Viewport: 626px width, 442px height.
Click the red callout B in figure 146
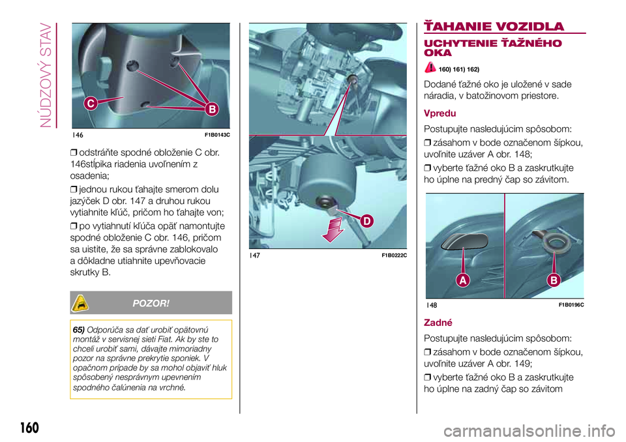(212, 109)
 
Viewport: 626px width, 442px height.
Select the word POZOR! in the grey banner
(151, 303)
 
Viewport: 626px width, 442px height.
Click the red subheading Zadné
(438, 323)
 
